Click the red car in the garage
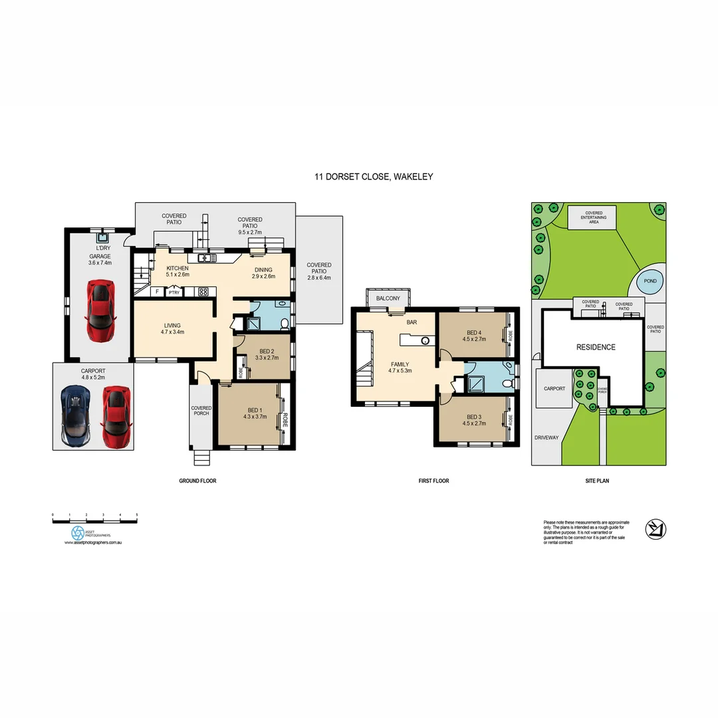pyautogui.click(x=100, y=310)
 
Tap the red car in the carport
pyautogui.click(x=115, y=417)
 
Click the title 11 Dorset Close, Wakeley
pyautogui.click(x=374, y=177)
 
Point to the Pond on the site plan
pyautogui.click(x=650, y=281)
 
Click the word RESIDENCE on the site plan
pyautogui.click(x=596, y=347)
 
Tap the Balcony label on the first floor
pyautogui.click(x=388, y=299)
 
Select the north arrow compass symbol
pyautogui.click(x=656, y=529)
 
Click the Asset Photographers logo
pyautogui.click(x=78, y=533)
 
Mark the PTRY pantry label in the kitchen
pyautogui.click(x=174, y=292)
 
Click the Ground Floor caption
pyautogui.click(x=197, y=481)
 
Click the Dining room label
pyautogui.click(x=263, y=273)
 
